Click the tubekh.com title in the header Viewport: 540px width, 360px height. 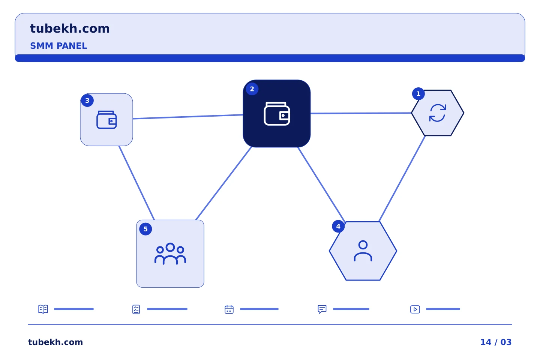[70, 28]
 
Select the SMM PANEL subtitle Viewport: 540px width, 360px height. [58, 46]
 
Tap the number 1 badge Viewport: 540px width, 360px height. [418, 93]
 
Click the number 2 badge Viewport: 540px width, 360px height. [252, 89]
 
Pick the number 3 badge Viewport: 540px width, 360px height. [87, 100]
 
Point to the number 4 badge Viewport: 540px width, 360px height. [338, 226]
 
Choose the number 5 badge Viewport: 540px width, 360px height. [145, 229]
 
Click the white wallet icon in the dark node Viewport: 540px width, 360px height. [277, 114]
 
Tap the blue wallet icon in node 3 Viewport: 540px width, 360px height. [106, 120]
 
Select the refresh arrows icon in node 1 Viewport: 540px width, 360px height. [438, 113]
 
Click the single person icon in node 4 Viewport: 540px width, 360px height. [363, 251]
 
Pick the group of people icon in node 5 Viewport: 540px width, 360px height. [170, 253]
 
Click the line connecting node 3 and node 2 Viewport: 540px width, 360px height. [188, 117]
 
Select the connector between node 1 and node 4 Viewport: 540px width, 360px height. [402, 178]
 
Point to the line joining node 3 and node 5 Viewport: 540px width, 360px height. [136, 183]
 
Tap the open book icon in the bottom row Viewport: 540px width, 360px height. [43, 309]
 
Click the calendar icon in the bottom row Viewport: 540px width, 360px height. [229, 309]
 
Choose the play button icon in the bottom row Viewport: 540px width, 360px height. [415, 309]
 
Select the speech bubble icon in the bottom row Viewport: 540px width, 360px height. [322, 309]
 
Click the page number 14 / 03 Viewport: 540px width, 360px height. [496, 342]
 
